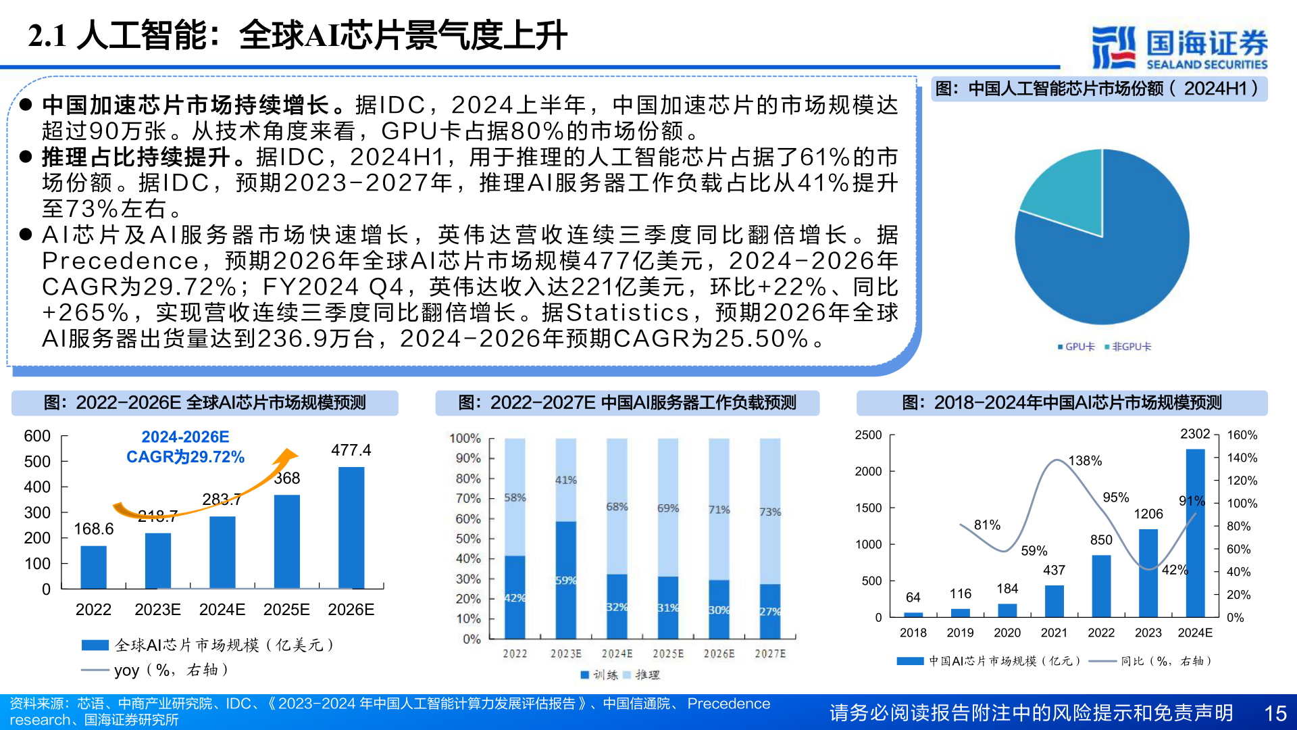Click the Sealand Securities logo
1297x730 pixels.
[x=1179, y=47]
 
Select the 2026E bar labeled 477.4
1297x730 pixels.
[x=351, y=527]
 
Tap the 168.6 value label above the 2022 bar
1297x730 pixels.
[x=93, y=529]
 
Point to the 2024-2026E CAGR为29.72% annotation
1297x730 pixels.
[x=185, y=447]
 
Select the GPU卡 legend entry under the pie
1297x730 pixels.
[x=1076, y=347]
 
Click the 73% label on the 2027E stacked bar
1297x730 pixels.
[x=770, y=512]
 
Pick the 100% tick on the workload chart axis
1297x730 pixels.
[x=465, y=438]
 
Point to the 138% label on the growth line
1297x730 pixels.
[x=1085, y=460]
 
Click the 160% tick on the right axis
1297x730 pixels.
[x=1242, y=435]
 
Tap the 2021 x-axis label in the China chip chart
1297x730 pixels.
[x=1054, y=633]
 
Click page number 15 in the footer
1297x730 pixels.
[x=1275, y=713]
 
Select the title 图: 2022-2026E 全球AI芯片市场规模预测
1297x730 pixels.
[x=205, y=403]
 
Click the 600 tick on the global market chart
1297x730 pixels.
[x=37, y=436]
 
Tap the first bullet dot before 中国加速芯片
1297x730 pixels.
[x=26, y=105]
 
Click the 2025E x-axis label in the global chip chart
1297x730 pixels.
[x=286, y=610]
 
